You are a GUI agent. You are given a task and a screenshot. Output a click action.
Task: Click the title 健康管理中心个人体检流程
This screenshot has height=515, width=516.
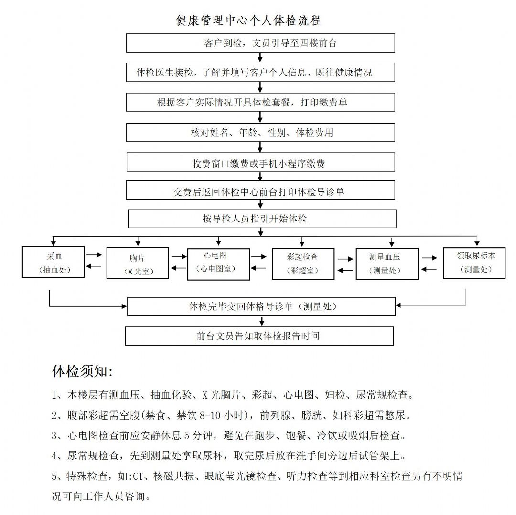[248, 21]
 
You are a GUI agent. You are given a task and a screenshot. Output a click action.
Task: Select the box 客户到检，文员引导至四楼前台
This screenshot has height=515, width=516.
[261, 43]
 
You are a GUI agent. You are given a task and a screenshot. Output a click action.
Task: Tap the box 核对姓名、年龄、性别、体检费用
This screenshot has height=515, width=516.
[261, 132]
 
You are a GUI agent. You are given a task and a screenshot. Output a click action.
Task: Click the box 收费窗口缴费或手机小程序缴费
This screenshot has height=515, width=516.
[261, 162]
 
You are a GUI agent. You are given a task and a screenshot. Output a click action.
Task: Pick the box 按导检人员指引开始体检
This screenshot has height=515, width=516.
[262, 219]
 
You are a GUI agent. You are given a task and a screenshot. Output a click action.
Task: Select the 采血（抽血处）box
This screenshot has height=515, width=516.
[54, 262]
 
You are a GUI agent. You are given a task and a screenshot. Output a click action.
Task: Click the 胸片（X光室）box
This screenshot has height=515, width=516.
[138, 263]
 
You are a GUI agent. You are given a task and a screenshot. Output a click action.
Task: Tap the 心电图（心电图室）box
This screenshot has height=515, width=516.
[218, 264]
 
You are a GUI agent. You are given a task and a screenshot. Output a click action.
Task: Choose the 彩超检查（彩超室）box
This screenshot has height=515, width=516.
[303, 264]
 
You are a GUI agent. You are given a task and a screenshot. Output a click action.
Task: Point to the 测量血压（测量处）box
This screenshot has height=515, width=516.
[387, 263]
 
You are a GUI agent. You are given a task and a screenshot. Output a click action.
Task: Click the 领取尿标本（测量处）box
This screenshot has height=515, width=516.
[474, 263]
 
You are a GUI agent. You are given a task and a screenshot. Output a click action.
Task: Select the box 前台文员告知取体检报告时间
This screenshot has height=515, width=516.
[259, 336]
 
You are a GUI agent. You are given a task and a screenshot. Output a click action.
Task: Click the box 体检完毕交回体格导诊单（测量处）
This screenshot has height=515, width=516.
[261, 306]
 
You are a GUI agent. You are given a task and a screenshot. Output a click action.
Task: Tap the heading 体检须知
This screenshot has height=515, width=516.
[82, 371]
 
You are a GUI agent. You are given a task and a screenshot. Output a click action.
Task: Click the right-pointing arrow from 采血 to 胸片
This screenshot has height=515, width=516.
[94, 255]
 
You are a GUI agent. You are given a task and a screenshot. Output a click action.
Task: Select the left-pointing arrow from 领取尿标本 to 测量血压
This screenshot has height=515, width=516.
[429, 269]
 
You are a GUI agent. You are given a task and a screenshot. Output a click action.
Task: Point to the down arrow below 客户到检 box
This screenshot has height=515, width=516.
[260, 57]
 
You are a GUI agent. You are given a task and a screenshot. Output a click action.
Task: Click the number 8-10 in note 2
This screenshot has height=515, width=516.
[210, 415]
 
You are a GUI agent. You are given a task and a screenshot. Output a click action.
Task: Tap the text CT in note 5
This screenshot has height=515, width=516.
[138, 476]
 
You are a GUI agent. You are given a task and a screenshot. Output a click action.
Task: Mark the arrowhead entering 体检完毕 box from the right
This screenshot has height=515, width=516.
[398, 305]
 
